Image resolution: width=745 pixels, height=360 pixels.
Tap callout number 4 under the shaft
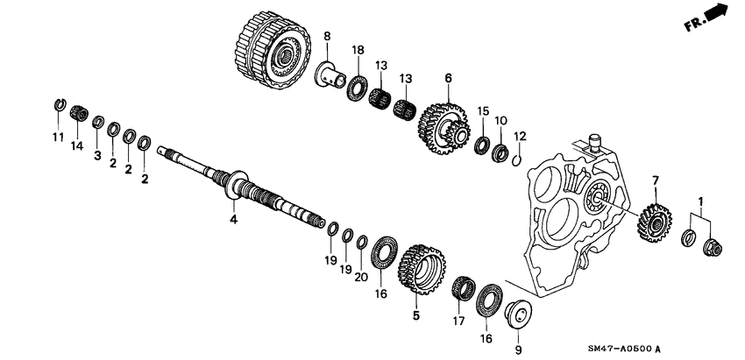(x=234, y=219)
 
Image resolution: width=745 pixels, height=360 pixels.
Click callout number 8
(x=327, y=36)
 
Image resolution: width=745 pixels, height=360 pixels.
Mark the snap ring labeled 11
(x=57, y=109)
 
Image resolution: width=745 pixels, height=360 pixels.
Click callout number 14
(x=76, y=146)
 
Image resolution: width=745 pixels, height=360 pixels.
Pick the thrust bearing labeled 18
(x=357, y=88)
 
